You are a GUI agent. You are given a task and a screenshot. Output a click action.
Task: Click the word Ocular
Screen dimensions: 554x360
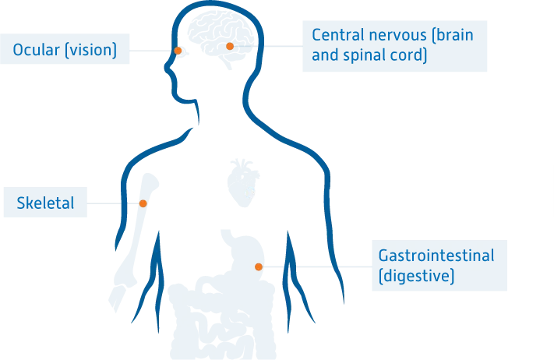tap(36, 49)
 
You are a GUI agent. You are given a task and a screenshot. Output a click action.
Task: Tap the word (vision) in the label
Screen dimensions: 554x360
tap(91, 50)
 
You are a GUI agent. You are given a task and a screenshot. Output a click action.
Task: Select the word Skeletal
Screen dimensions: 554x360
tap(45, 203)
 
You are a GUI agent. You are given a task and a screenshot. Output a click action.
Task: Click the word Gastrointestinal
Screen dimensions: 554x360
tap(436, 256)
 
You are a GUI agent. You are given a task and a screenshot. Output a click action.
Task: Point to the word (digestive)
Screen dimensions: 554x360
tap(416, 276)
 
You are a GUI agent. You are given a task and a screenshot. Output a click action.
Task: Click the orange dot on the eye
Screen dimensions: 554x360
tap(178, 51)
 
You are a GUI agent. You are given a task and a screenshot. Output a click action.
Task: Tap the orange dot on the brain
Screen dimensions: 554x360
tap(230, 46)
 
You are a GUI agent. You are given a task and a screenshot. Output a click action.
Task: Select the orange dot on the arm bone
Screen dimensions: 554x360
tap(143, 203)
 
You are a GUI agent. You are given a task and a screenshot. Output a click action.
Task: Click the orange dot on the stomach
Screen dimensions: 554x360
tap(259, 266)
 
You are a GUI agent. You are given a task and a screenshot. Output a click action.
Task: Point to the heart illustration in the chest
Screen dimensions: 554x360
tap(243, 183)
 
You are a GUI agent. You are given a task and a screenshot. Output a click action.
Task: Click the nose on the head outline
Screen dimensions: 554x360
tap(167, 67)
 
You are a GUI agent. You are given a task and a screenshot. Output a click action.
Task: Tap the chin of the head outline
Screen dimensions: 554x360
tap(182, 100)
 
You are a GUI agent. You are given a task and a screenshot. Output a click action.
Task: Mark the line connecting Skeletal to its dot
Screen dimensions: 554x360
tap(113, 203)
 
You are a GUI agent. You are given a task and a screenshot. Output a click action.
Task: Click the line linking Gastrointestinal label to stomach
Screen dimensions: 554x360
tap(317, 266)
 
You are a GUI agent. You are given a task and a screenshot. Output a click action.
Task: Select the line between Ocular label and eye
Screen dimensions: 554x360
tap(152, 51)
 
